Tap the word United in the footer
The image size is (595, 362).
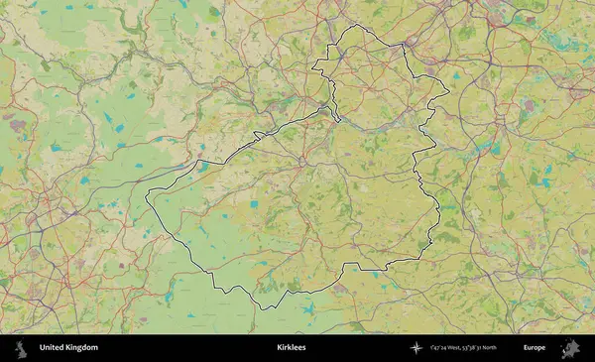pyautogui.click(x=53, y=348)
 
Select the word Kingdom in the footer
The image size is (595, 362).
pyautogui.click(x=82, y=348)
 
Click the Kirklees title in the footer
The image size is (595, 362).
pyautogui.click(x=292, y=348)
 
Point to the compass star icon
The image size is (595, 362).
pyautogui.click(x=416, y=348)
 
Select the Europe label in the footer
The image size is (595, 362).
pyautogui.click(x=535, y=348)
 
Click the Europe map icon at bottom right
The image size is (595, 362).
pyautogui.click(x=570, y=348)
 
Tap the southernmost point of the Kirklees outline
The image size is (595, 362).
pyautogui.click(x=262, y=308)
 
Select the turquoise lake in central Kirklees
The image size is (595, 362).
pyautogui.click(x=254, y=204)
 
